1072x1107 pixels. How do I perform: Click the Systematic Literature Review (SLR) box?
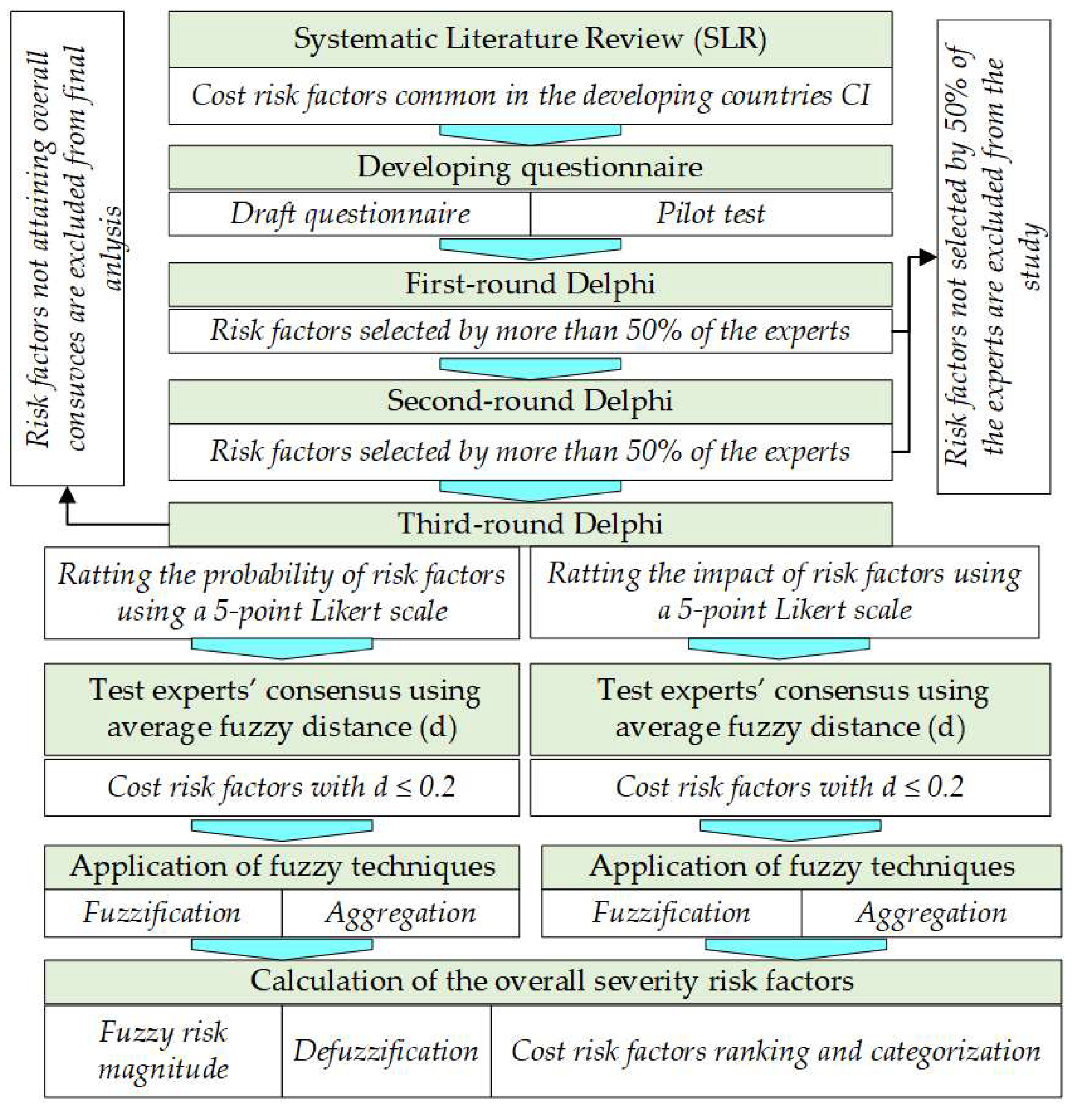(530, 40)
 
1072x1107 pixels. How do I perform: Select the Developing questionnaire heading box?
(530, 168)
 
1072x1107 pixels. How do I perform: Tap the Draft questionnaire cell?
(350, 214)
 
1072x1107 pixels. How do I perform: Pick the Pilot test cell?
(711, 214)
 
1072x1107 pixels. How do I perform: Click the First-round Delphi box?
(530, 284)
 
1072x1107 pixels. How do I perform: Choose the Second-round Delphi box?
(530, 401)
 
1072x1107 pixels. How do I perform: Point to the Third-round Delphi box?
(530, 524)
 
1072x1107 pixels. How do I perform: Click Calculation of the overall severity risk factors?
(552, 982)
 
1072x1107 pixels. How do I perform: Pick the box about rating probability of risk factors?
(282, 593)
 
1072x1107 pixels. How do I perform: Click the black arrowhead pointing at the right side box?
(927, 257)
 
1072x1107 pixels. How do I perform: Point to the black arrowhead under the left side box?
(67, 495)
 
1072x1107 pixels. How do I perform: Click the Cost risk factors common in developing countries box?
(530, 96)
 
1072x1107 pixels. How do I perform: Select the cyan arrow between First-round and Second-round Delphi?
(530, 368)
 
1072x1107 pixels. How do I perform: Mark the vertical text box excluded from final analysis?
(67, 249)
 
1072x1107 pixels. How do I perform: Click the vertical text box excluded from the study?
(993, 257)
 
